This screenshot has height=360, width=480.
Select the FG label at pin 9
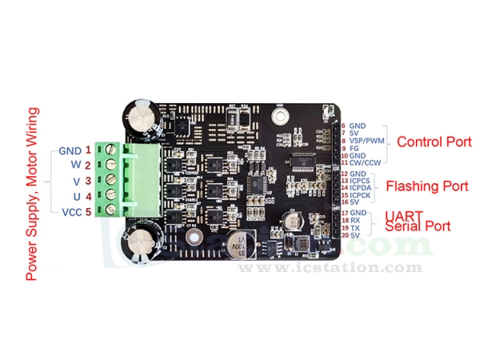pos(354,148)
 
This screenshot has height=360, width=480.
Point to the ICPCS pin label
pos(362,181)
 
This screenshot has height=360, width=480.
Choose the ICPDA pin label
pos(362,188)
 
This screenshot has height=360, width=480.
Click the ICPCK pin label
pos(362,195)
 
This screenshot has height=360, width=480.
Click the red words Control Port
pos(434,143)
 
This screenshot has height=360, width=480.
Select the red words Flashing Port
pos(427,186)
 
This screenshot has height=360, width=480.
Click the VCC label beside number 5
pos(70,213)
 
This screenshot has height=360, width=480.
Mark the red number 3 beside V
pos(89,181)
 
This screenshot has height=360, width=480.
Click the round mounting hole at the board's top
pos(279,116)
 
